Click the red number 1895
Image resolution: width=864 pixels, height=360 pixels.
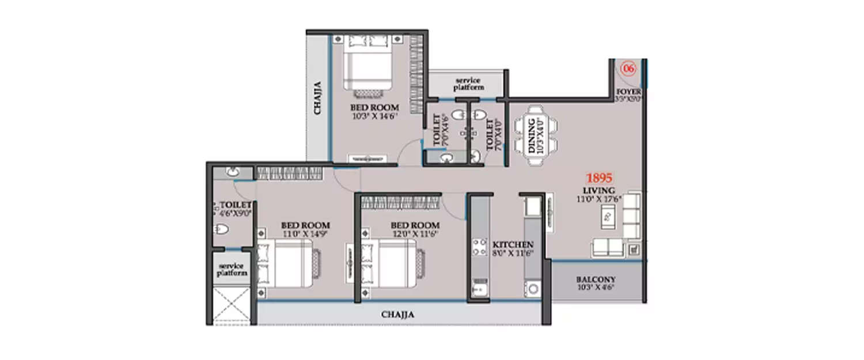point(598,177)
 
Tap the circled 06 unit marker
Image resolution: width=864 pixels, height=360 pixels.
point(629,69)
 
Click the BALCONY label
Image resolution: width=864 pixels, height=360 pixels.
point(596,280)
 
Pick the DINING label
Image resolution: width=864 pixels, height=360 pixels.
point(531,136)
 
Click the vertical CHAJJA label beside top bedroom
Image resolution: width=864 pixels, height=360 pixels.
point(317,98)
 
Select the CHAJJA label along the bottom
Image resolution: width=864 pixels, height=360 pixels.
point(397,314)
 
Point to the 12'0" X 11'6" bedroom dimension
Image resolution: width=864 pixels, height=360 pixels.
point(415,233)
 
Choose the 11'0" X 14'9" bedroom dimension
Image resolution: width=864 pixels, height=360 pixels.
point(305,233)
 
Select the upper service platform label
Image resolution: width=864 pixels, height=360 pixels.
point(469,84)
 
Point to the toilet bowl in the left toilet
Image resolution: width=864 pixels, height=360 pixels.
point(221,230)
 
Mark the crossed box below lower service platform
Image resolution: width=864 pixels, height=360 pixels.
point(230,305)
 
